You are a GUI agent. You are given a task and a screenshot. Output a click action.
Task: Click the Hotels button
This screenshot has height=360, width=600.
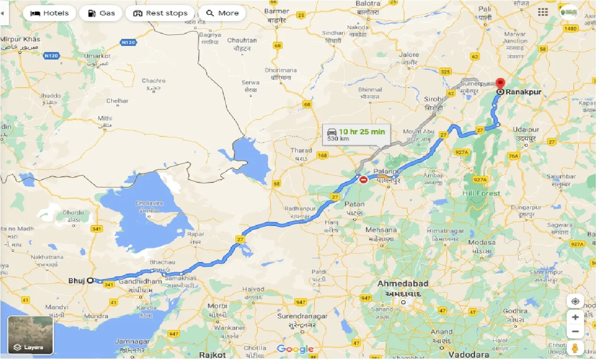click(49, 13)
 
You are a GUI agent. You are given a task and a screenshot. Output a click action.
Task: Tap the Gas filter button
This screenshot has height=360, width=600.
click(101, 13)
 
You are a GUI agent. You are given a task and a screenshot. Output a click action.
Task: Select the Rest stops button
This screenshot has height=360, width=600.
click(160, 13)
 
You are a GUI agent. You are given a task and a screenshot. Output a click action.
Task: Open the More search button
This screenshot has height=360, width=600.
click(222, 13)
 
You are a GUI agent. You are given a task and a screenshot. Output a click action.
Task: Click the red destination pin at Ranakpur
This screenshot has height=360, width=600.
click(501, 83)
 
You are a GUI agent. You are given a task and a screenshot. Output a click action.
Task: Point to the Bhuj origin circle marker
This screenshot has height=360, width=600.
click(90, 281)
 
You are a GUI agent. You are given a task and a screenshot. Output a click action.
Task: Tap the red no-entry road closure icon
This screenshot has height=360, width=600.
click(363, 180)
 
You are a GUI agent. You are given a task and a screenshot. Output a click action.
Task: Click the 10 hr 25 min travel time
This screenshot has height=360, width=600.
click(362, 132)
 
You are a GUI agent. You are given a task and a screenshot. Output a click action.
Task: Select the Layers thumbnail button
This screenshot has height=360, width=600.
click(30, 335)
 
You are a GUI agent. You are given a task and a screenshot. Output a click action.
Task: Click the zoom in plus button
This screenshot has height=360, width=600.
click(575, 317)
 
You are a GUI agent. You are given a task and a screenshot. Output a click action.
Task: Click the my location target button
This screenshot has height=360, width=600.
click(575, 301)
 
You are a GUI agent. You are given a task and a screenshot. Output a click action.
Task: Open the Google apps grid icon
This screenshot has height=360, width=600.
click(543, 12)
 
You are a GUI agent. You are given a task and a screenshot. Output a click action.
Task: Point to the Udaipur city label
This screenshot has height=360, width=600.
click(526, 130)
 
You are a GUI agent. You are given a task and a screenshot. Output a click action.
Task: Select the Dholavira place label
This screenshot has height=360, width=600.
click(149, 203)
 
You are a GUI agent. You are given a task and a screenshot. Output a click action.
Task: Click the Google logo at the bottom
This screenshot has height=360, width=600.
click(295, 349)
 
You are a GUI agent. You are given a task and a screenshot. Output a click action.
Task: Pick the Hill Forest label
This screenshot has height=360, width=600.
click(481, 193)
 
